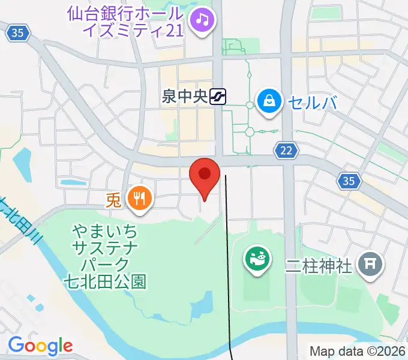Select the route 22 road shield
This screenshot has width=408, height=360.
[286, 151]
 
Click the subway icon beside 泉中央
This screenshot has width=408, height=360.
[218, 97]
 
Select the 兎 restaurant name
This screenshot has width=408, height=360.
[113, 199]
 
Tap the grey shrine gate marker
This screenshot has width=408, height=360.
[370, 265]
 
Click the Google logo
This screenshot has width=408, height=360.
[40, 346]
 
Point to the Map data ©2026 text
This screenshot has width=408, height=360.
[358, 351]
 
